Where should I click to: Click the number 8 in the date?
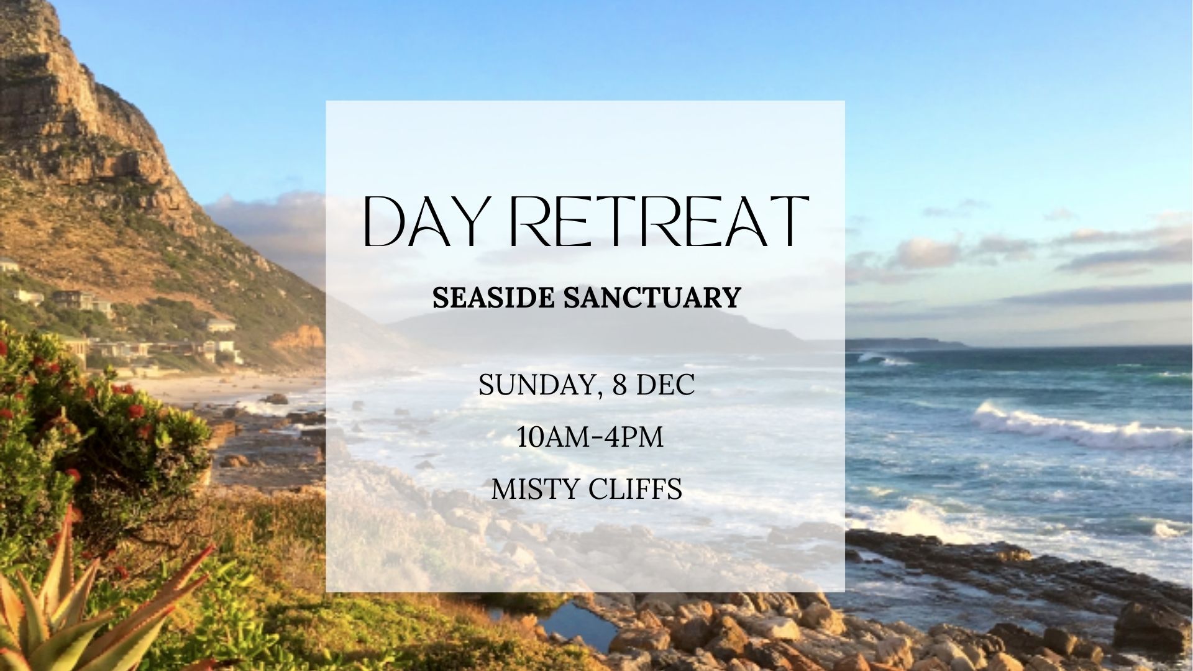619,385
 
